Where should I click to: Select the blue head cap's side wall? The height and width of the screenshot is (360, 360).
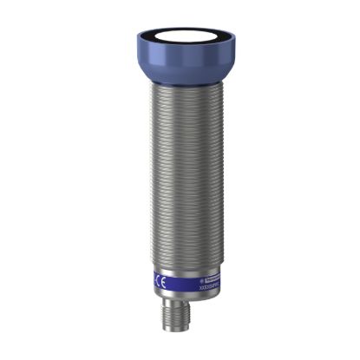[x=180, y=60]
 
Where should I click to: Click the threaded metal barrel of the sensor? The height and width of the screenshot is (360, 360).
[x=180, y=173]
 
